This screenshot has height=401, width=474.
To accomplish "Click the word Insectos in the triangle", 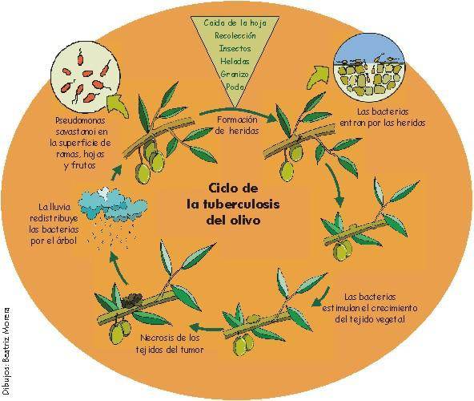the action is tap(235, 48).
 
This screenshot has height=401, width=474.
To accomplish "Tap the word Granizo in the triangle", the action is tap(235, 75).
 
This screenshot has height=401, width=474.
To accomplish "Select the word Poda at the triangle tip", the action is tap(235, 87).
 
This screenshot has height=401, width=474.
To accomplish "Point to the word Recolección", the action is tap(235, 36).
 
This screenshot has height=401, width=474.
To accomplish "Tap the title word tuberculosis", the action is tap(233, 205).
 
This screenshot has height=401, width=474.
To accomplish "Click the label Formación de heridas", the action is tap(237, 125).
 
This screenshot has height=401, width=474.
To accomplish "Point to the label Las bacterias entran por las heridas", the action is tap(383, 117).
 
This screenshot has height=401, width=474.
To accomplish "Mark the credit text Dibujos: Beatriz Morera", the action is tap(6, 351).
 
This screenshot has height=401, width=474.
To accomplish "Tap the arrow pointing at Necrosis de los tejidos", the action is tap(206, 327).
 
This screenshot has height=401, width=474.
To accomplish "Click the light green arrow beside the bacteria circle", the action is tap(118, 106).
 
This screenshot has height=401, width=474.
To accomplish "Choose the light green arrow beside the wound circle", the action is tap(318, 76).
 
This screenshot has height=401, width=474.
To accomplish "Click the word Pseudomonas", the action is tap(80, 120).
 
